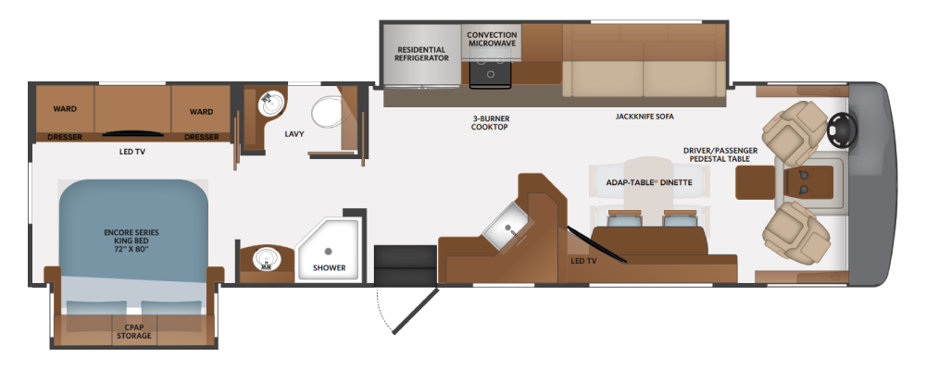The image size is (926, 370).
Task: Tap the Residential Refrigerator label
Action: click(x=421, y=54)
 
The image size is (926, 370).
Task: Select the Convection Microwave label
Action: click(x=492, y=39)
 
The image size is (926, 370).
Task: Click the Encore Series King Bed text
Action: click(x=131, y=240)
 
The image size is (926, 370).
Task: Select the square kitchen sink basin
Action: click(x=507, y=230)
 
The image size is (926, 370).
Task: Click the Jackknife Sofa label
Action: click(x=644, y=117)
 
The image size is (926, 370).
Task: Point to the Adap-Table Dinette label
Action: click(x=649, y=182)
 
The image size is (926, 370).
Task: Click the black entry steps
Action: click(x=406, y=265)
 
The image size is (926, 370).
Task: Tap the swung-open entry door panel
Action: click(x=415, y=312)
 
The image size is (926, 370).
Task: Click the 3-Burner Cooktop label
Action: click(x=490, y=122)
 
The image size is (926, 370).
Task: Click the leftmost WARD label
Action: click(x=65, y=108)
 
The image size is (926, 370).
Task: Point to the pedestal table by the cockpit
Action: click(x=755, y=182)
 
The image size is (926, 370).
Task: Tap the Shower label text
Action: click(x=329, y=267)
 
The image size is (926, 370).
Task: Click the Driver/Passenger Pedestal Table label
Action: click(x=720, y=154)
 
